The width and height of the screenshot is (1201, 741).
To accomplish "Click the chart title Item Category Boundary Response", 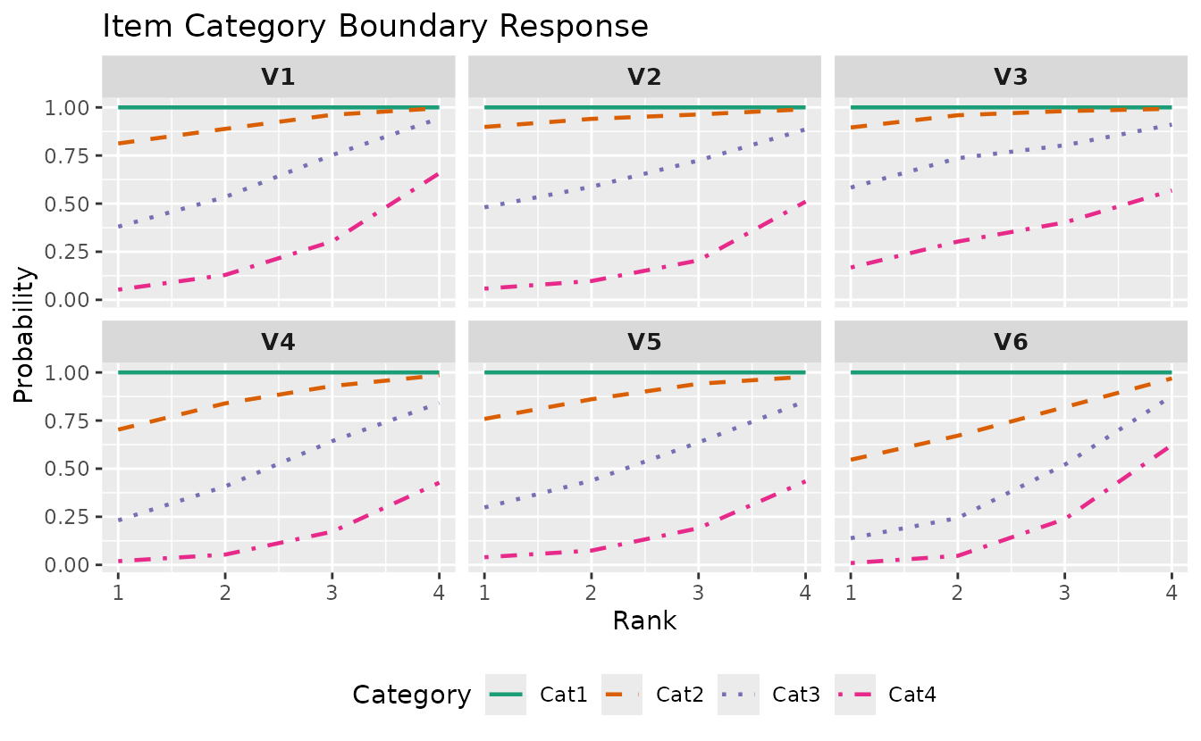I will point(375,26).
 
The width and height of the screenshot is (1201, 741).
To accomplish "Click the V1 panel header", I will point(278,77).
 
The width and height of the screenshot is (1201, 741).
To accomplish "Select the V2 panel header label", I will point(644,77).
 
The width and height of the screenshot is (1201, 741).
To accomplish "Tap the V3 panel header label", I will point(1011,77).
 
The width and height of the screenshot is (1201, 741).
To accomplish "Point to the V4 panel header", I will point(278,342).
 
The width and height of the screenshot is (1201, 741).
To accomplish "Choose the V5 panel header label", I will point(644,342).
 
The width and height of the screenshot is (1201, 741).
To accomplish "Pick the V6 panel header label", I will point(1011,342).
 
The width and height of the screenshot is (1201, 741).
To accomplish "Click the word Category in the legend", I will point(412,694).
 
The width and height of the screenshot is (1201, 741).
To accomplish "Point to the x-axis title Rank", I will point(644,620).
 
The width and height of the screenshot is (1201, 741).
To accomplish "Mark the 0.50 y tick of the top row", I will point(69,204).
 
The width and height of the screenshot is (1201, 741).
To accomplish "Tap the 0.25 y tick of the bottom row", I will point(69,517).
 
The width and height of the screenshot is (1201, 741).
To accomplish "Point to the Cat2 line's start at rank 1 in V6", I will point(851,460).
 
